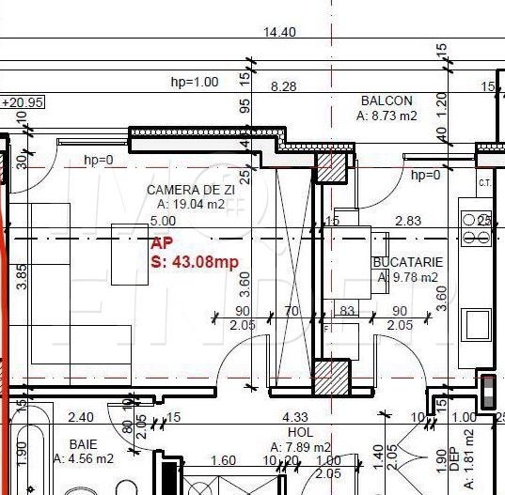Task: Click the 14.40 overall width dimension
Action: pyautogui.click(x=280, y=32)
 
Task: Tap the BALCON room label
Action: pyautogui.click(x=387, y=101)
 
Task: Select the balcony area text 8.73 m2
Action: pyautogui.click(x=386, y=116)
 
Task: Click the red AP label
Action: pyautogui.click(x=162, y=242)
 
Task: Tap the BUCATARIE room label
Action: pyautogui.click(x=406, y=262)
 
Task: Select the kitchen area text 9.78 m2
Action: pyautogui.click(x=406, y=277)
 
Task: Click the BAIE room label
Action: pyautogui.click(x=83, y=444)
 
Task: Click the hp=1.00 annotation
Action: pyautogui.click(x=194, y=82)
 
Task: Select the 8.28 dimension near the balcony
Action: pyautogui.click(x=283, y=86)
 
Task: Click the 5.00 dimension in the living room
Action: pyautogui.click(x=163, y=221)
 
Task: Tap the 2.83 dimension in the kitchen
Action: pyautogui.click(x=408, y=221)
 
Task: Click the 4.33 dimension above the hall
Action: pyautogui.click(x=294, y=417)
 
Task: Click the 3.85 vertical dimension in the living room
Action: pyautogui.click(x=21, y=279)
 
